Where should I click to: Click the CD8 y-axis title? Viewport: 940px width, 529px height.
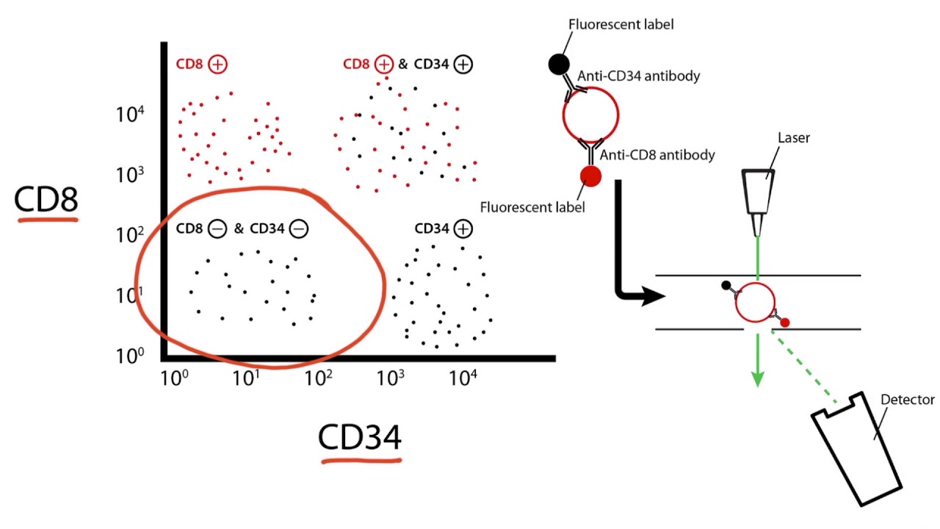tap(46, 199)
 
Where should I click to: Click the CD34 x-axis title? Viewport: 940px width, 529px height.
tap(360, 437)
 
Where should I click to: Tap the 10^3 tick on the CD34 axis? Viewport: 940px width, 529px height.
tap(391, 378)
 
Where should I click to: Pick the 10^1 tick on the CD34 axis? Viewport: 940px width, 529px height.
tap(246, 378)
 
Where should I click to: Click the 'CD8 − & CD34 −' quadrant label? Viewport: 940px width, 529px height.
tap(242, 228)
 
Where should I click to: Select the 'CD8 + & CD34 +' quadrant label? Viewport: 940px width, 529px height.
tap(408, 64)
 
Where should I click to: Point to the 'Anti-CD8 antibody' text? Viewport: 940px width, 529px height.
tap(657, 155)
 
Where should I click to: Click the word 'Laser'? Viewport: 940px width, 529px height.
tap(793, 137)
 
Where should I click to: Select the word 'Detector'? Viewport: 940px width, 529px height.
tap(907, 400)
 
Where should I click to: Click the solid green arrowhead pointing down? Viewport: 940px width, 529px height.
tap(757, 378)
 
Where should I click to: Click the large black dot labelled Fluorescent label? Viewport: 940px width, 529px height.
tap(559, 65)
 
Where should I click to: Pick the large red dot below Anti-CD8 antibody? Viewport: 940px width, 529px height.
tap(590, 176)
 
